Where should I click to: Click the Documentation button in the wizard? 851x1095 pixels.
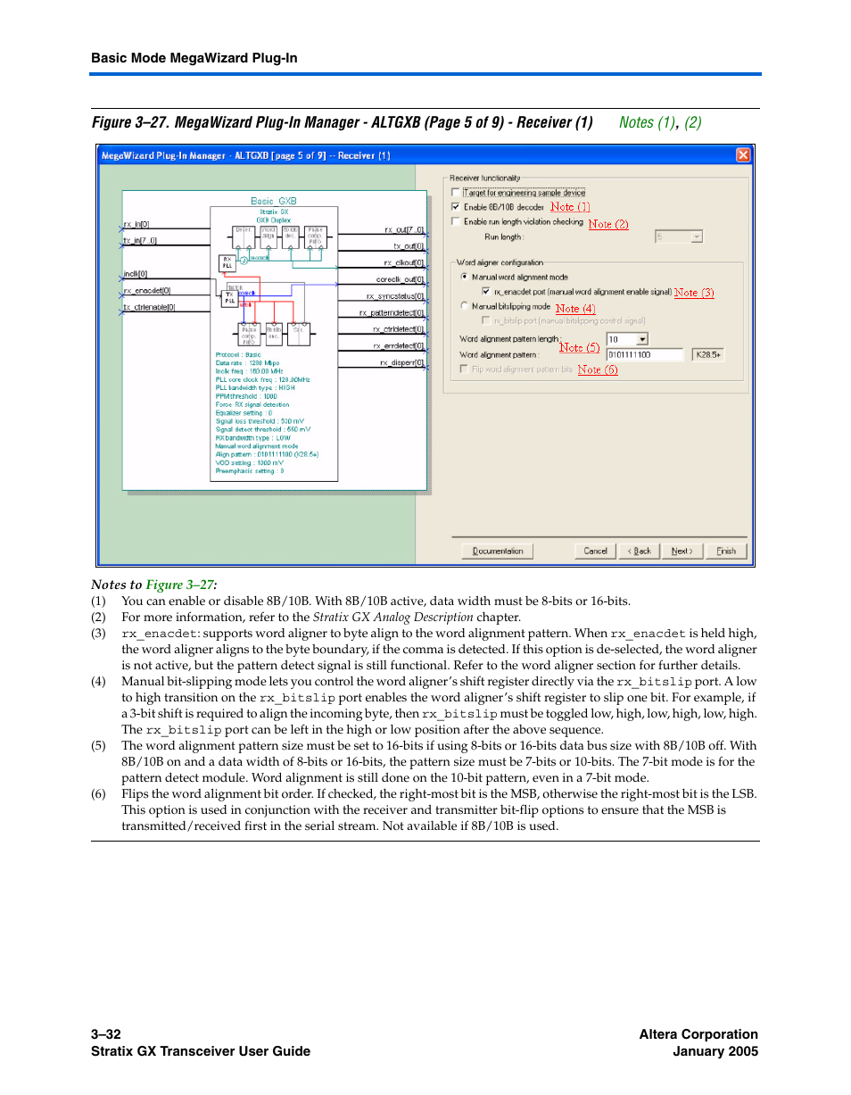click(x=498, y=551)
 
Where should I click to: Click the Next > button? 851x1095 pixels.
click(x=682, y=551)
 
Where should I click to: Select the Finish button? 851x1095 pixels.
click(x=726, y=551)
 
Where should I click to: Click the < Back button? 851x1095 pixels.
click(x=640, y=551)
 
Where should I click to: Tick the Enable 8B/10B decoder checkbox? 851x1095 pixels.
click(x=456, y=207)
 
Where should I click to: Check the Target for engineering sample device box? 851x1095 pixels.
click(x=456, y=193)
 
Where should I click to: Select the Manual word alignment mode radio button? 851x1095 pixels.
click(x=464, y=278)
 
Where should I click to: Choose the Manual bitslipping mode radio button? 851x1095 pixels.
click(x=464, y=306)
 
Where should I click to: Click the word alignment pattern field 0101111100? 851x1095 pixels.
click(x=644, y=354)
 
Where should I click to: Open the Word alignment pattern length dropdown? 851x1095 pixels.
click(x=642, y=339)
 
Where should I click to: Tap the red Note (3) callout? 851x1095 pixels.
click(x=693, y=293)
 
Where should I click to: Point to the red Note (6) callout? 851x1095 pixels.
click(x=597, y=369)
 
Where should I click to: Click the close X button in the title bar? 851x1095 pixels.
click(x=742, y=155)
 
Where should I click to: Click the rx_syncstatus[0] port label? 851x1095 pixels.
click(x=395, y=296)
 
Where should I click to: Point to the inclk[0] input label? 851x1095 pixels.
click(x=136, y=274)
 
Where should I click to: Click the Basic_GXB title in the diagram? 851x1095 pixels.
click(x=273, y=202)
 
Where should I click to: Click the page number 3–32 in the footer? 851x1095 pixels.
click(x=106, y=1034)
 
